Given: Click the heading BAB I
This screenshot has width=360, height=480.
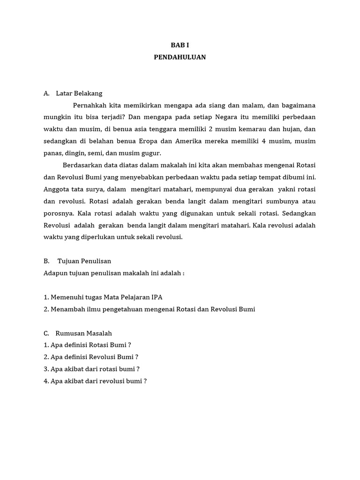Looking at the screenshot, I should pyautogui.click(x=180, y=45).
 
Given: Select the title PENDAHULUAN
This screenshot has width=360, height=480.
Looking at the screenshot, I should pyautogui.click(x=180, y=57).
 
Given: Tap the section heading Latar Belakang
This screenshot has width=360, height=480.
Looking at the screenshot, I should pyautogui.click(x=79, y=93).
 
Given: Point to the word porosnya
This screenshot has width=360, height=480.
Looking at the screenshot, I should pyautogui.click(x=58, y=213).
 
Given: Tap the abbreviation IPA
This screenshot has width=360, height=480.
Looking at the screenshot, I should pyautogui.click(x=157, y=297).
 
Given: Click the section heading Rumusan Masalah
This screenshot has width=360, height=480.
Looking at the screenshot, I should pyautogui.click(x=84, y=333).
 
